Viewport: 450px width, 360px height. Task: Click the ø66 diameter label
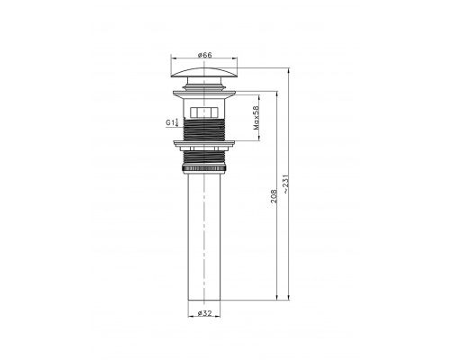207,56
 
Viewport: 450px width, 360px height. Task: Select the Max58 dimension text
257,117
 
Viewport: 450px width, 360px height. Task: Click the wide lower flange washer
207,142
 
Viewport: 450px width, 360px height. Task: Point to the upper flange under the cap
207,91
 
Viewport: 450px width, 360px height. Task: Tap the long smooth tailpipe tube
207,234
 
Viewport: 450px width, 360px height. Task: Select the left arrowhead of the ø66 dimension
173,61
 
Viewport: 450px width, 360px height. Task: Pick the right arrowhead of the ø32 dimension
223,317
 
